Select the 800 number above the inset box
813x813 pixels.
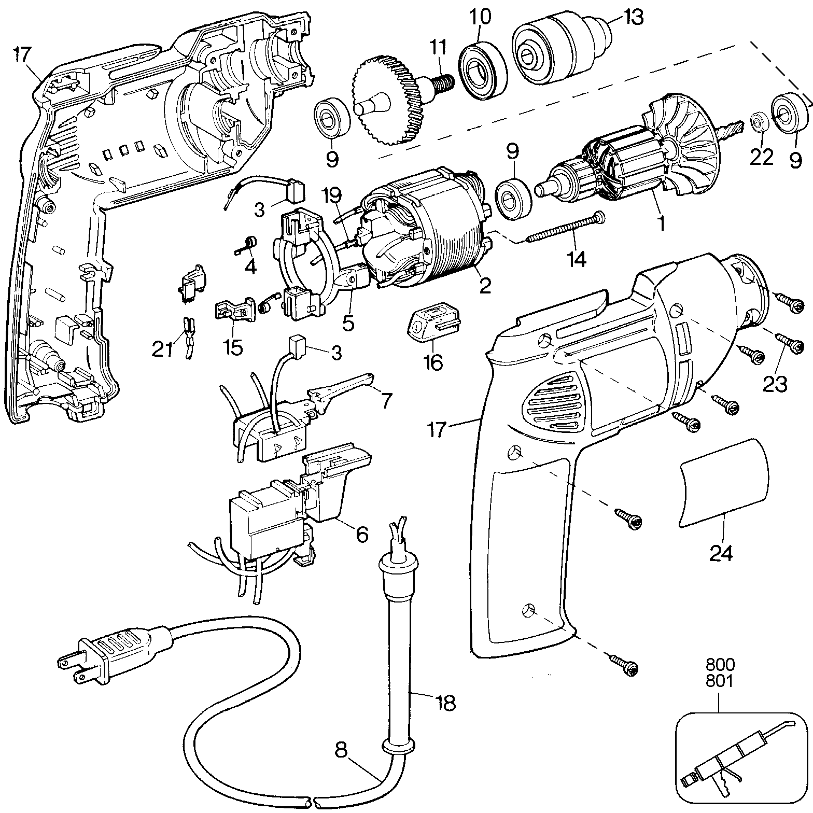719,665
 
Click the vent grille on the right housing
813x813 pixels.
555,399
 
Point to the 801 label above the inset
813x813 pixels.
719,681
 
